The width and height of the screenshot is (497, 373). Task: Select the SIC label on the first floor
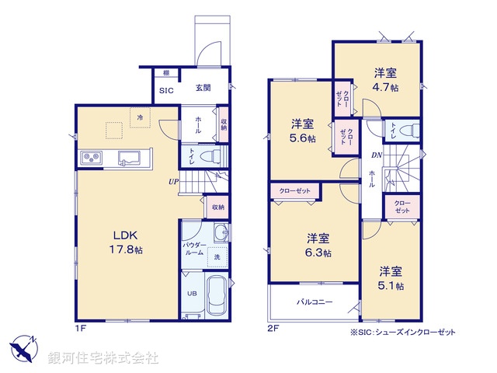pos(167,91)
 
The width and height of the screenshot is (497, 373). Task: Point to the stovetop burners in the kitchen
pos(91,158)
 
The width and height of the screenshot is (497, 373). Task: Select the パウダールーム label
pos(195,249)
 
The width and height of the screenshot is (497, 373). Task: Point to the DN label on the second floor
pos(375,155)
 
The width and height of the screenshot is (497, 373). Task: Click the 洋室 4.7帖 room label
pos(386,81)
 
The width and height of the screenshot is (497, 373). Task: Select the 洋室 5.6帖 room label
pos(303,131)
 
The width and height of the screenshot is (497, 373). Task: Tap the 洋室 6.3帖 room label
pos(318,246)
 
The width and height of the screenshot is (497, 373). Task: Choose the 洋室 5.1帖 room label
pos(391,278)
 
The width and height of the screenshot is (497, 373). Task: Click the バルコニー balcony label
pos(313,302)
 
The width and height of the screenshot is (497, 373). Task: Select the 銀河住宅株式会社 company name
pos(103,357)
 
